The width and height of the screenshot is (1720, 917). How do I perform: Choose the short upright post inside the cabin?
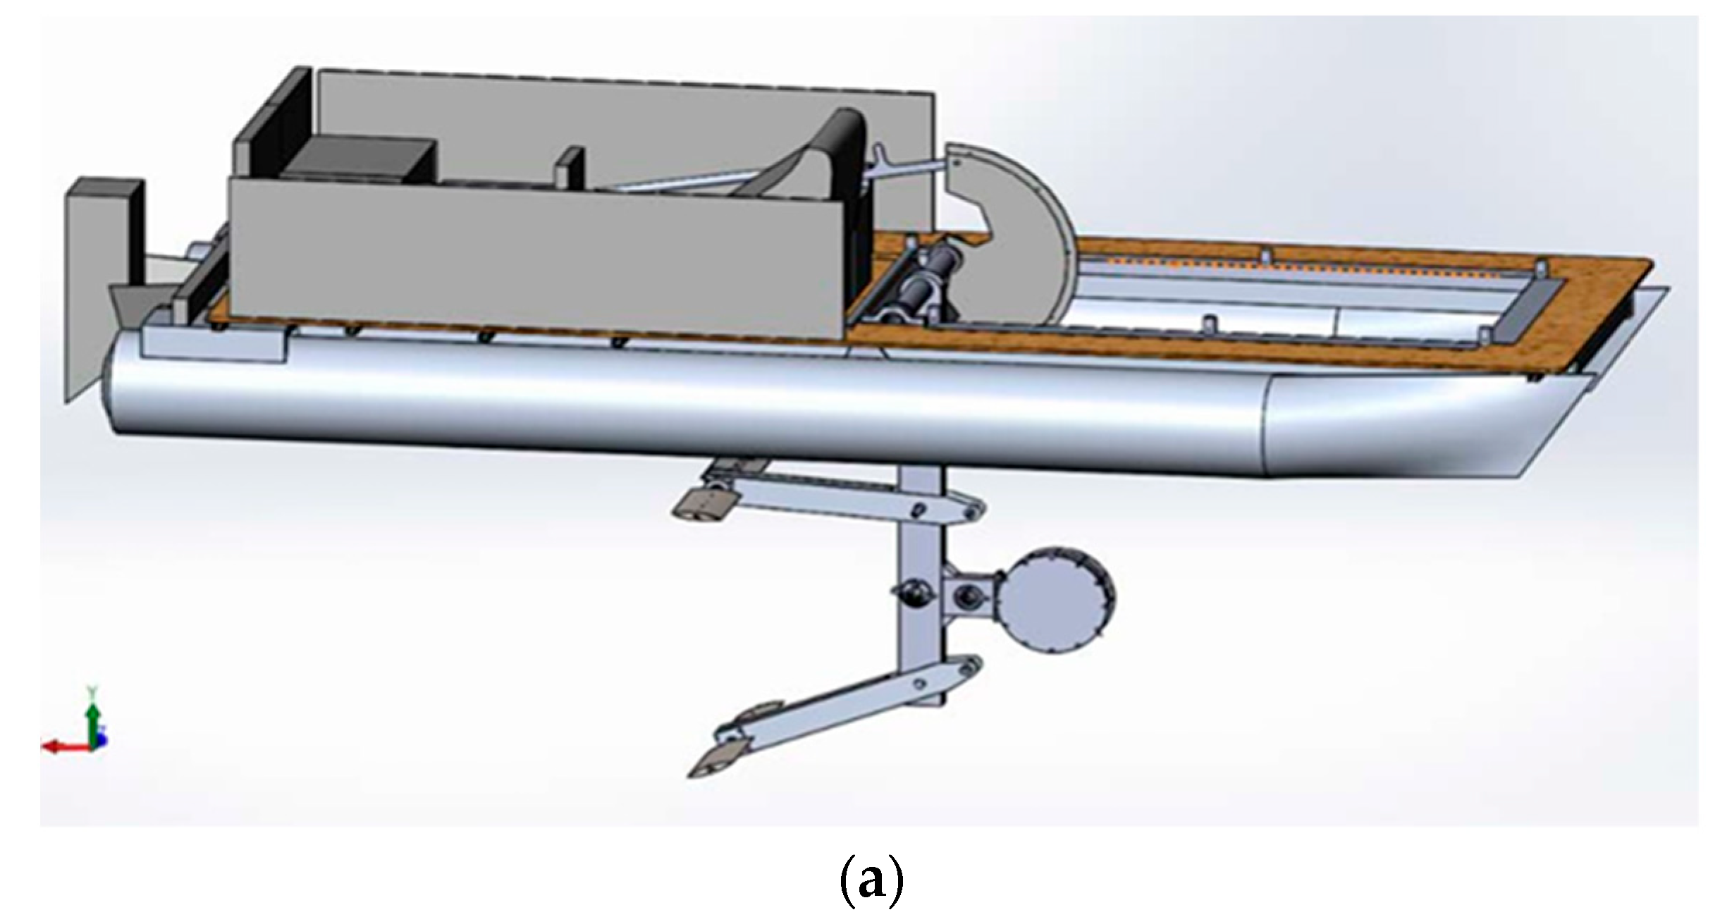[574, 169]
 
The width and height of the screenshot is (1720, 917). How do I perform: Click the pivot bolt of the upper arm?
[918, 509]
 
